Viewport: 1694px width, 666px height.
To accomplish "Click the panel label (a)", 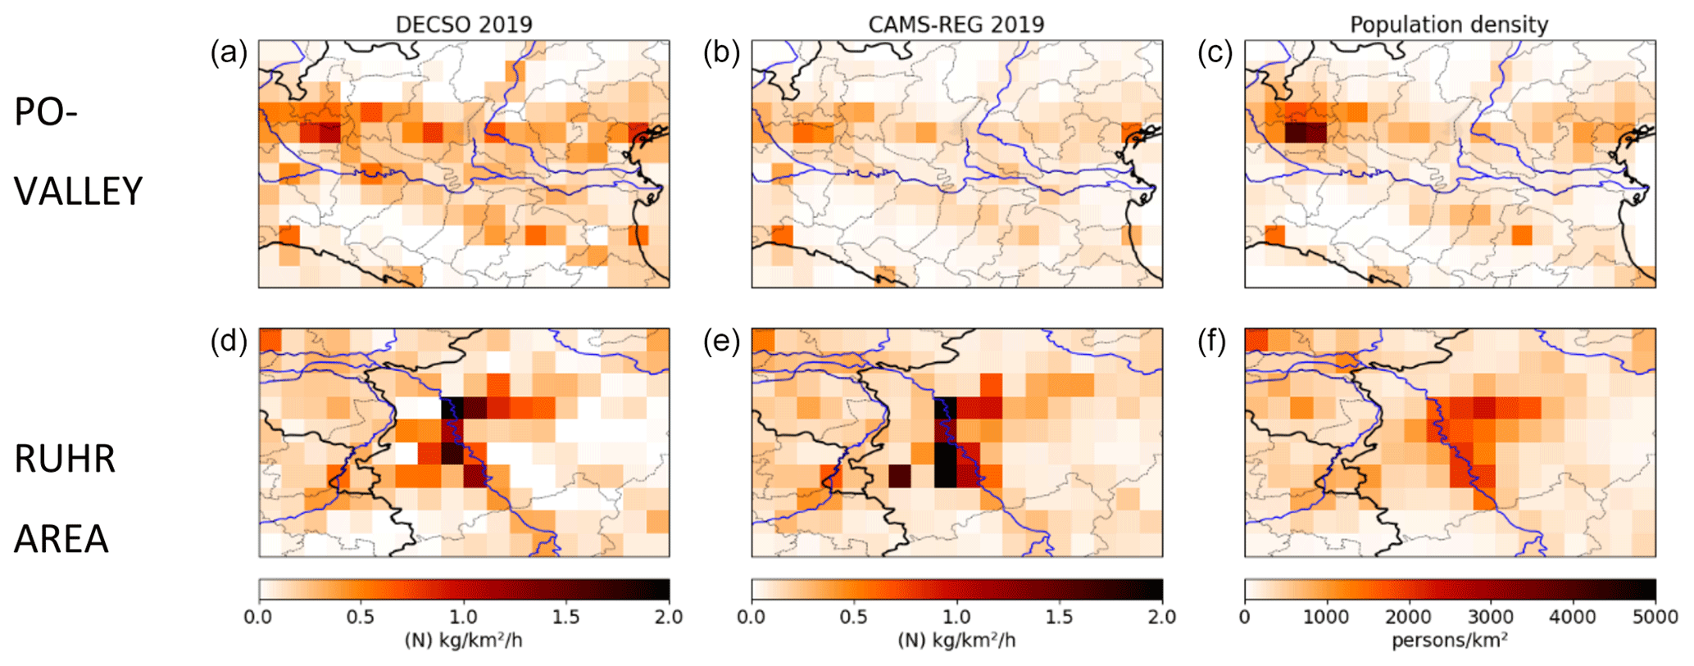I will (229, 53).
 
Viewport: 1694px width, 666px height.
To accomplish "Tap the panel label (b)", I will (722, 53).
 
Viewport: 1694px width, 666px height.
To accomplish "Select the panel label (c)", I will (1215, 53).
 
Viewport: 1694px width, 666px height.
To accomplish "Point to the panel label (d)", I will (229, 342).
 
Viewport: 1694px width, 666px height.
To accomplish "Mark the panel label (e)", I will (722, 342).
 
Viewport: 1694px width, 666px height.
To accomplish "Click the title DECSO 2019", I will (464, 25).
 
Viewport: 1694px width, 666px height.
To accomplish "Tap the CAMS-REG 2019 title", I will (956, 25).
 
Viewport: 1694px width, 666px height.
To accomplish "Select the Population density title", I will (1449, 25).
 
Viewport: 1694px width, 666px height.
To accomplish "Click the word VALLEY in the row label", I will (79, 192).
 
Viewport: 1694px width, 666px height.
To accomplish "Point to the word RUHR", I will (65, 460).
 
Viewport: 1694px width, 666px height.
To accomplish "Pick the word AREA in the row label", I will (61, 539).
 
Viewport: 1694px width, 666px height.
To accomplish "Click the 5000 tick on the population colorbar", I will (1655, 617).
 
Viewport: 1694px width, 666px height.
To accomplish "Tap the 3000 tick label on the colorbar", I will (1491, 617).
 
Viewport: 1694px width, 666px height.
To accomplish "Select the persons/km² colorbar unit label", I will (1450, 641).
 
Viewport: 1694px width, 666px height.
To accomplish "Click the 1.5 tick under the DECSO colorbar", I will (566, 617).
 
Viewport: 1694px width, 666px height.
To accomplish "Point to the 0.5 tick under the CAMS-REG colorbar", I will (854, 617).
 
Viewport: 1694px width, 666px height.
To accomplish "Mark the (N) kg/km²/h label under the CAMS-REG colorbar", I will (956, 641).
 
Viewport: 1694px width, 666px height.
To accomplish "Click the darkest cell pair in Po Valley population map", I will (1306, 132).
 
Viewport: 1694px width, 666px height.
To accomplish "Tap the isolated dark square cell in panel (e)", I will (900, 476).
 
